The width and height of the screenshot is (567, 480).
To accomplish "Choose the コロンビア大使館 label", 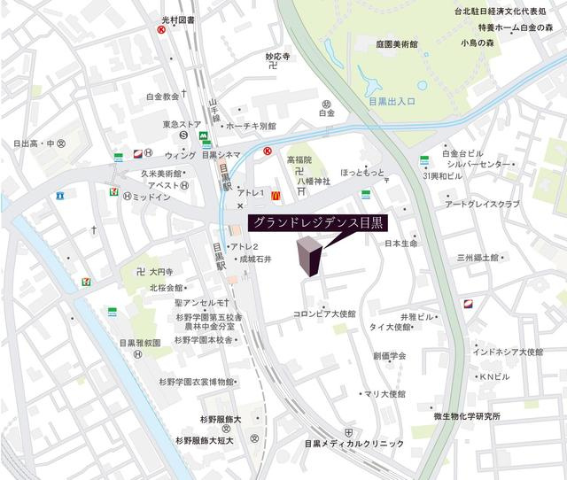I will (324, 314).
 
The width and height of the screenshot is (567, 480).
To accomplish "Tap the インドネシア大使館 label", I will (508, 352).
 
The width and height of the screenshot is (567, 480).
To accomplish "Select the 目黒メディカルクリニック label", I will (353, 444).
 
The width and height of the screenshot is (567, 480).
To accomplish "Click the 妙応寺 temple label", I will (278, 56).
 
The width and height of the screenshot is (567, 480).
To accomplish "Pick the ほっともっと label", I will (363, 174).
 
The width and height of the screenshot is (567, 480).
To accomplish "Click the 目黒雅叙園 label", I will (139, 342).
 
